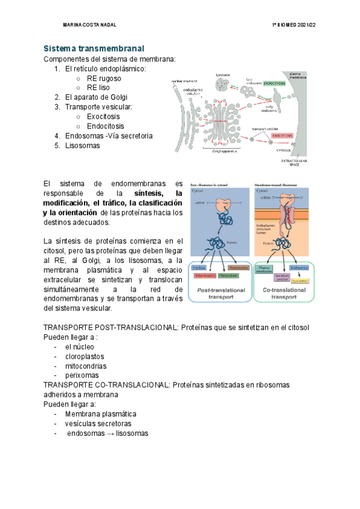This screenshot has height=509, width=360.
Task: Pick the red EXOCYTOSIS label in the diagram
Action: [281, 136]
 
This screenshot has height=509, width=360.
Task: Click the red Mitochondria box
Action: [205, 259]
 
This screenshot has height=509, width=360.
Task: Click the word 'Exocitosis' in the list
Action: [103, 116]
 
